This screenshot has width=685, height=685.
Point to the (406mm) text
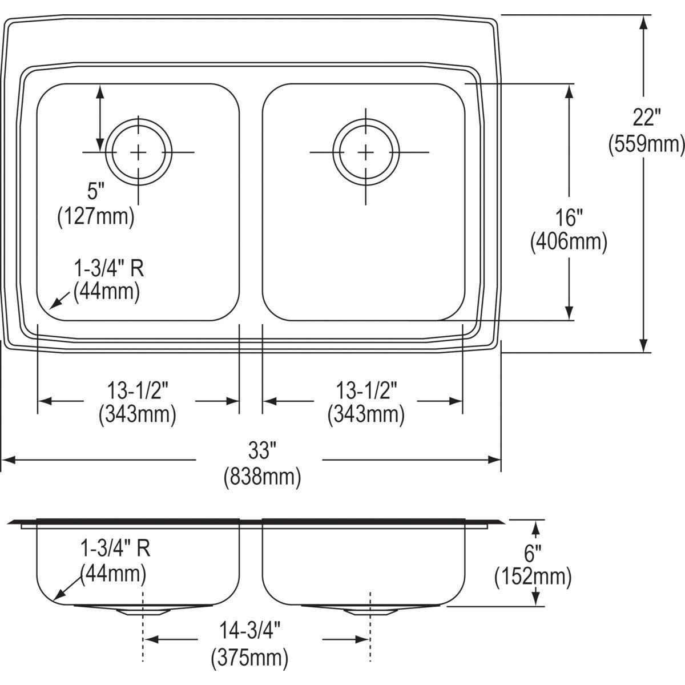[x=569, y=242]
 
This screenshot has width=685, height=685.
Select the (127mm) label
[x=96, y=216]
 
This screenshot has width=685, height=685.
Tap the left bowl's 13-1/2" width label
[x=137, y=391]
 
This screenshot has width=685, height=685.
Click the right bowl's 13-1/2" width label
[x=365, y=391]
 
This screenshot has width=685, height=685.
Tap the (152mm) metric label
[x=533, y=577]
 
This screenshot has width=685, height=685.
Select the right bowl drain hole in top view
[x=365, y=152]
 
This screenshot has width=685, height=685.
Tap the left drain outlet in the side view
[x=143, y=611]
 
